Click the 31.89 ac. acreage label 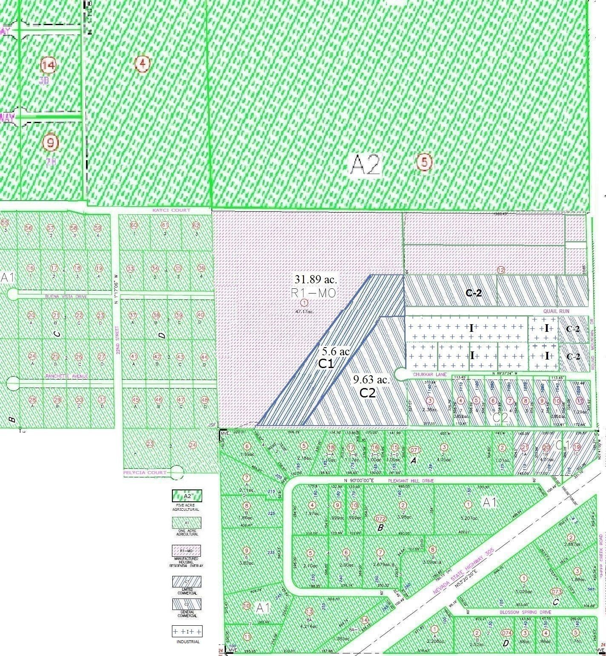316,279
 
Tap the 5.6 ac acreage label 335,351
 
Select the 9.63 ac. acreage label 371,380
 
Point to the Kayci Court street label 172,210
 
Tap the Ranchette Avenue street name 67,377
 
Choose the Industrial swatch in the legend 187,631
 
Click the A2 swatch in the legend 187,496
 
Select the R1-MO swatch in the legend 187,550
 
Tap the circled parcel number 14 49,66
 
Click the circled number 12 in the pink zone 501,270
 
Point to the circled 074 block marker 506,633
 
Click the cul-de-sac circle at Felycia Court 177,472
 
